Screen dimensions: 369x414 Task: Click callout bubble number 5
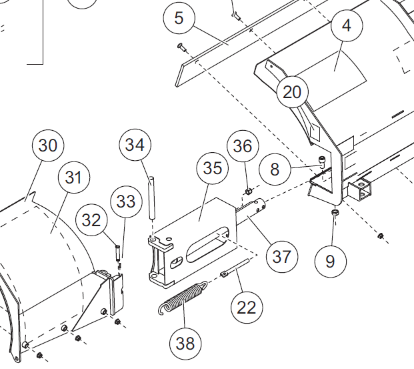pos(179,18)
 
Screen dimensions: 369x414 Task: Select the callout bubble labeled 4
pos(346,26)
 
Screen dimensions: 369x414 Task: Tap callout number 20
pos(292,92)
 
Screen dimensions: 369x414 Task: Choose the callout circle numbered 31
pos(73,178)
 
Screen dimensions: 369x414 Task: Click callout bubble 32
pos(91,220)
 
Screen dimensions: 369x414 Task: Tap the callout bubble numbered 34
pos(135,145)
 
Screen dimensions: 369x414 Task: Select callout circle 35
pos(213,169)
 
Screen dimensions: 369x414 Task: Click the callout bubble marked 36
pos(243,146)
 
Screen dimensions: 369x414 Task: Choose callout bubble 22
pos(246,308)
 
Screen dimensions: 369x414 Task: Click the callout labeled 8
pos(275,169)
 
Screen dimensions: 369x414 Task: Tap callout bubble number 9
pos(331,261)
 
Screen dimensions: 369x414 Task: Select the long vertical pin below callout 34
pos(151,197)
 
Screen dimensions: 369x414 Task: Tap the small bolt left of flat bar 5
pos(181,46)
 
